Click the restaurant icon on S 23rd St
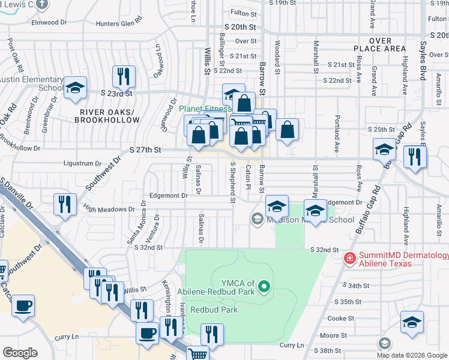tap(124, 76)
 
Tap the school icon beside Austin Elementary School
tap(75, 88)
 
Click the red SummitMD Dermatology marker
tap(349, 258)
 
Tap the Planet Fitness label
tap(204, 109)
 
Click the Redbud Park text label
tap(214, 310)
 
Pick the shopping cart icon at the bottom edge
tap(197, 353)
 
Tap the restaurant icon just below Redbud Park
tap(211, 334)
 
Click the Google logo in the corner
tap(20, 352)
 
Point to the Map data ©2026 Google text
tap(412, 355)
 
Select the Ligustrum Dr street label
tap(82, 163)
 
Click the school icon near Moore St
tap(412, 323)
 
